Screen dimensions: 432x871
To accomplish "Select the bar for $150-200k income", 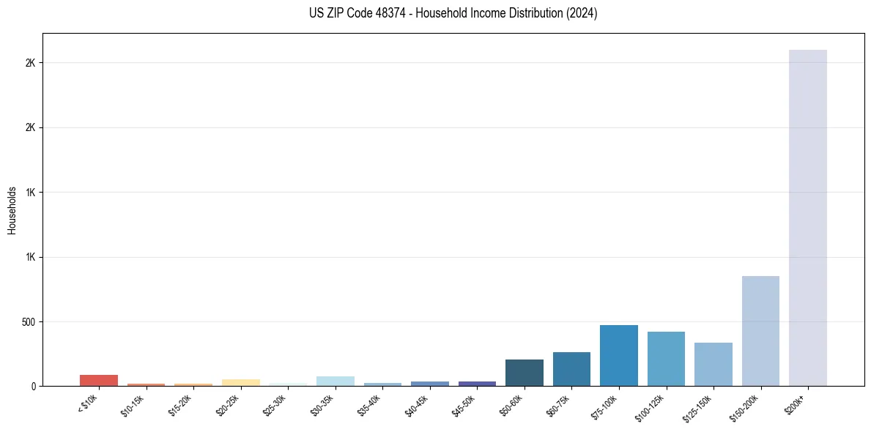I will [x=760, y=331].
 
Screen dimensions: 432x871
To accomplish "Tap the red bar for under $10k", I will [x=99, y=380].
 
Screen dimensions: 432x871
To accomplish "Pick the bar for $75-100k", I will [x=619, y=355].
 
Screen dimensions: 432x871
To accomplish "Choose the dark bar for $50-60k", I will [x=525, y=373].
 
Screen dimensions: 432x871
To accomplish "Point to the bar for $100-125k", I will [x=666, y=359].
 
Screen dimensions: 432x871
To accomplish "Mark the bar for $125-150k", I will [x=713, y=364].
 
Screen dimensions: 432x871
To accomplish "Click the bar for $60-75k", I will [x=571, y=369].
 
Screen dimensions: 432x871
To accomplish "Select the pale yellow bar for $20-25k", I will [x=241, y=382].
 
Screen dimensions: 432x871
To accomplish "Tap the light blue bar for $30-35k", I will [x=336, y=381].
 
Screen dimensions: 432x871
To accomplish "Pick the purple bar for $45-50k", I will [x=477, y=383].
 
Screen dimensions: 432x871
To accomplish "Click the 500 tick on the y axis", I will [x=28, y=321].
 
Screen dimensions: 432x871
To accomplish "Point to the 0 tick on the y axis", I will [x=34, y=386].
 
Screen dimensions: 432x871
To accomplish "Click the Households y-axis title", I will [x=12, y=210].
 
